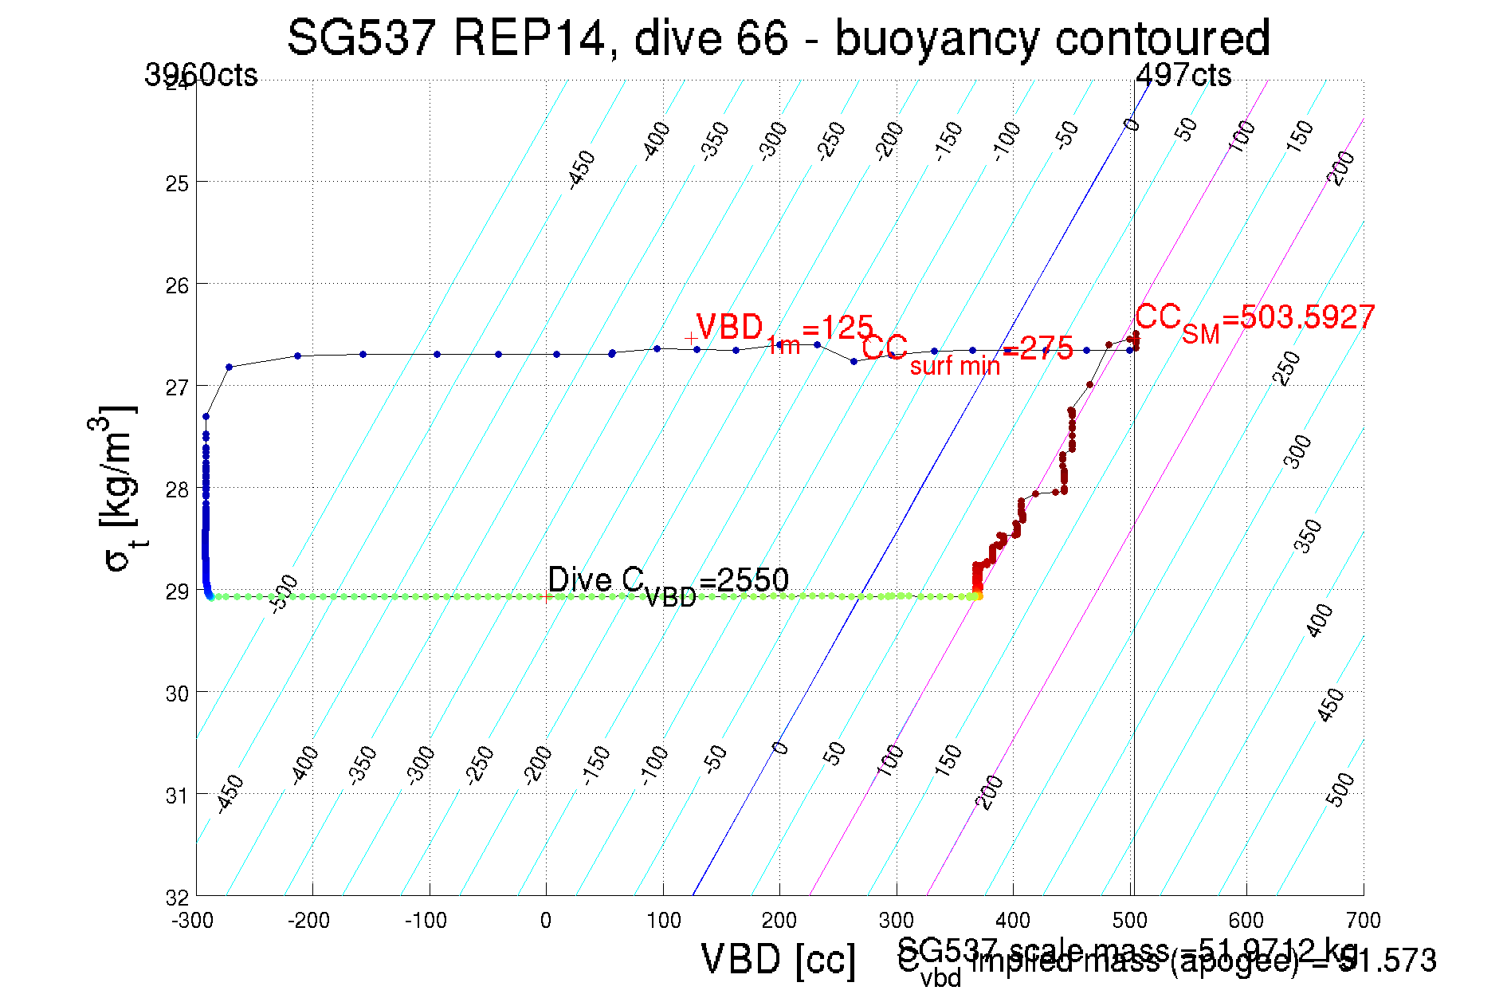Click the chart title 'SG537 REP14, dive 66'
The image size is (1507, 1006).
[x=778, y=37]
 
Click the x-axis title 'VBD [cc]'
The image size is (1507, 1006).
[x=778, y=959]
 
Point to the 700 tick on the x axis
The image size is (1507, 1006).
[x=1363, y=921]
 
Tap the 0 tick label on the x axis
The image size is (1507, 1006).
[x=546, y=921]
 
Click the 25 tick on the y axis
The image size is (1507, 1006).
[x=177, y=183]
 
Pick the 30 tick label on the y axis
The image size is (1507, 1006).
[x=177, y=694]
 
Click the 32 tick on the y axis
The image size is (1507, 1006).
[x=177, y=898]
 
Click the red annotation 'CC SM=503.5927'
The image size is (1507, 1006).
[x=1254, y=319]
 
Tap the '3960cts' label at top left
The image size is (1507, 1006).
[x=201, y=76]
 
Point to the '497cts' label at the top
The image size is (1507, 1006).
[x=1183, y=76]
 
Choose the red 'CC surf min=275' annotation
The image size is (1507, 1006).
[x=967, y=352]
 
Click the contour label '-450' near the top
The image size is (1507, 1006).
[x=582, y=169]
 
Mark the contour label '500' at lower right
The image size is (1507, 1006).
[x=1340, y=789]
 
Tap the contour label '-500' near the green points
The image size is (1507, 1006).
[x=284, y=593]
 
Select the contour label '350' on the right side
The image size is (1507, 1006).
[x=1307, y=536]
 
